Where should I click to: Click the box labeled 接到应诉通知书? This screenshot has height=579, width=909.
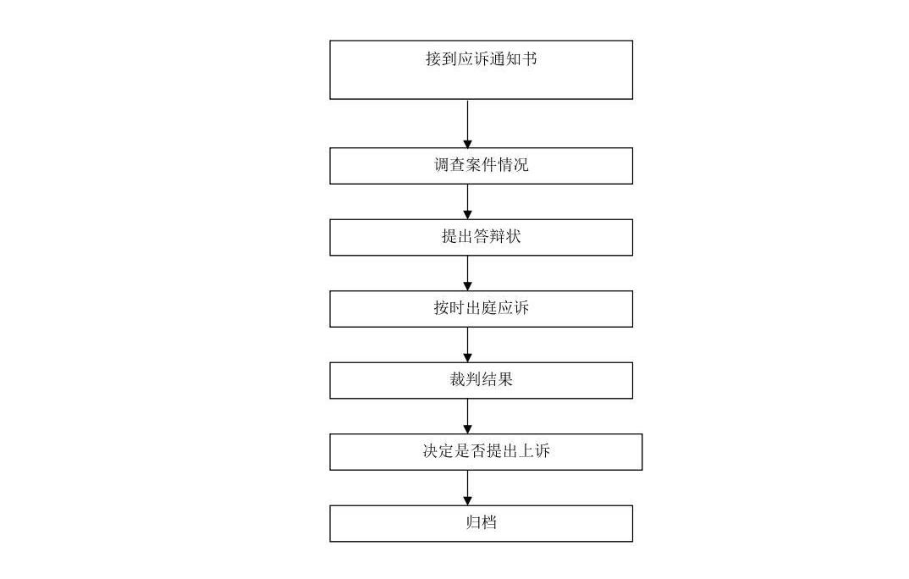click(481, 69)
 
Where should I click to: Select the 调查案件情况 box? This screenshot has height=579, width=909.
click(481, 166)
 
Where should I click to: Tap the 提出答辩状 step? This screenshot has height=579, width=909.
click(481, 237)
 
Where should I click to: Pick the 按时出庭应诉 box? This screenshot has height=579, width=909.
click(481, 309)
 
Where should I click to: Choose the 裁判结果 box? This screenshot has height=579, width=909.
click(481, 380)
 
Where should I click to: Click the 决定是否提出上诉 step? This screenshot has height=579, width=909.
click(486, 452)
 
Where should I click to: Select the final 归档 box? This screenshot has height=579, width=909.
click(481, 523)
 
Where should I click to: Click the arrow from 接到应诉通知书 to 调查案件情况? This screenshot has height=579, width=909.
click(468, 124)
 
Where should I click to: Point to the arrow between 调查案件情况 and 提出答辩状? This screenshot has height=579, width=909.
click(468, 201)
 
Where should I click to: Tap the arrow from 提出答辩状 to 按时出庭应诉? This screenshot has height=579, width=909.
click(468, 273)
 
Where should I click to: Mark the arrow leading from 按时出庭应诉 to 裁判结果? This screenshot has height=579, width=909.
click(468, 345)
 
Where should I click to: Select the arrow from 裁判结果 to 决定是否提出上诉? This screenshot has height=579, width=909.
click(468, 416)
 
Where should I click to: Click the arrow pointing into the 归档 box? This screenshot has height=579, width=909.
click(468, 488)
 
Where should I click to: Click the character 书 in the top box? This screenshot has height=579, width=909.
click(529, 58)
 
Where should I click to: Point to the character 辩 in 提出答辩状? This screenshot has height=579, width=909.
click(497, 236)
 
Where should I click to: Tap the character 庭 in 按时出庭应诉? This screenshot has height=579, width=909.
click(489, 308)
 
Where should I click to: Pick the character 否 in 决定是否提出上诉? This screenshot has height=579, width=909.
click(478, 451)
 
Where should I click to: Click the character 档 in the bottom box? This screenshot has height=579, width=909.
click(489, 522)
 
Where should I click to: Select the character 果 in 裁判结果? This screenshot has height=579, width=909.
click(505, 379)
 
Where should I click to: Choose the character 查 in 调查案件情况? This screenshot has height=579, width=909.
click(457, 164)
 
